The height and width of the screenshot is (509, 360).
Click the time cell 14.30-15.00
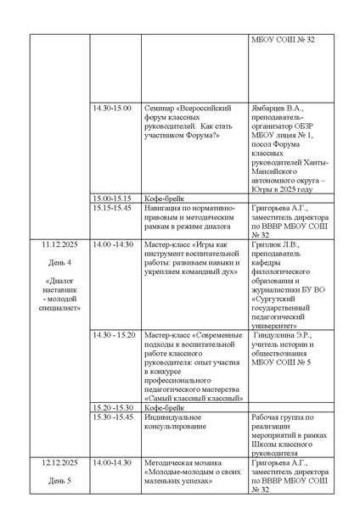112,109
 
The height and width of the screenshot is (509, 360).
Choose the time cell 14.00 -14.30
113,244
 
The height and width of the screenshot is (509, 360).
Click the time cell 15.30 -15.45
113,416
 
